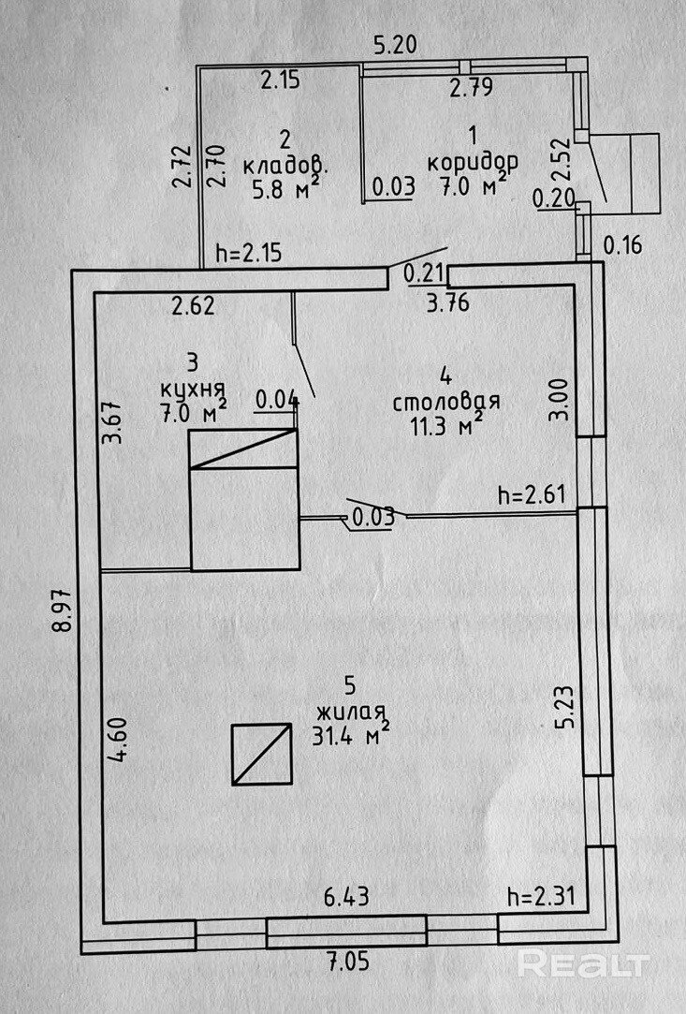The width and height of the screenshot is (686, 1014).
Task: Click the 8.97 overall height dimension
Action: tap(61, 614)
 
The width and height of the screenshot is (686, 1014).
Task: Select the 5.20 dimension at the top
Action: tap(394, 44)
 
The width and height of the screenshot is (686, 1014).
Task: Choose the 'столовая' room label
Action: tap(445, 403)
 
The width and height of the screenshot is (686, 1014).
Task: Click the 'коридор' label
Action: tap(473, 161)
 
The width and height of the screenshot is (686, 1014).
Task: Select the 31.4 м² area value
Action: tap(351, 736)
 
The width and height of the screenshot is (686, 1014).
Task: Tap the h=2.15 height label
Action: tap(249, 253)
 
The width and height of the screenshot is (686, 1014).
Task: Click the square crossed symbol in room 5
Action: tap(262, 754)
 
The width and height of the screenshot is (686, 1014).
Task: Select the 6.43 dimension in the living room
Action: tap(346, 897)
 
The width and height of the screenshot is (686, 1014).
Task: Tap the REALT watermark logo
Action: tap(583, 963)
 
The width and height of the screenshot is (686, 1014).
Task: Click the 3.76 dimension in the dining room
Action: tap(447, 301)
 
